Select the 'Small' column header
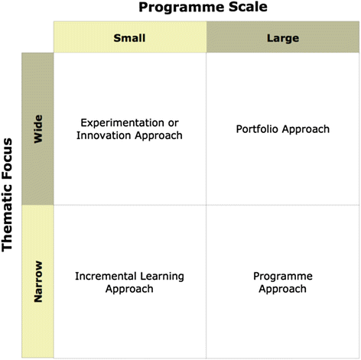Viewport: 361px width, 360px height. pyautogui.click(x=129, y=37)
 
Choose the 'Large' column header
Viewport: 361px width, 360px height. pyautogui.click(x=283, y=37)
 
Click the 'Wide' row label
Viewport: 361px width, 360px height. pyautogui.click(x=38, y=128)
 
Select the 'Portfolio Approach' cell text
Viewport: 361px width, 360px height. pyautogui.click(x=283, y=129)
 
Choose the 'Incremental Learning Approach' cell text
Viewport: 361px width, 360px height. pyautogui.click(x=129, y=282)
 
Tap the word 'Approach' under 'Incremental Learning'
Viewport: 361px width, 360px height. pyautogui.click(x=129, y=289)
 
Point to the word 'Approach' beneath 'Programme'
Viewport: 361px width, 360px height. pyautogui.click(x=283, y=289)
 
